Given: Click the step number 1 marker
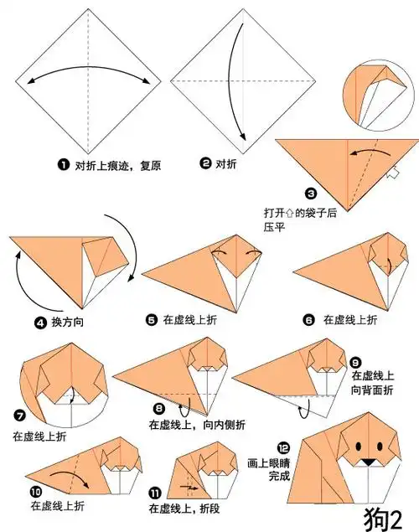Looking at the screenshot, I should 63,165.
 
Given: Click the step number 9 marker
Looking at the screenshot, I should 356,362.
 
